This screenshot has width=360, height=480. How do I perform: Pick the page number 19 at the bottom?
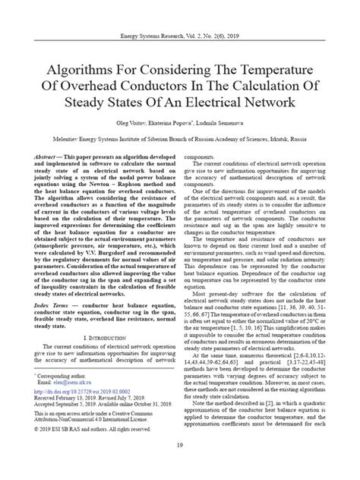(x=179, y=465)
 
